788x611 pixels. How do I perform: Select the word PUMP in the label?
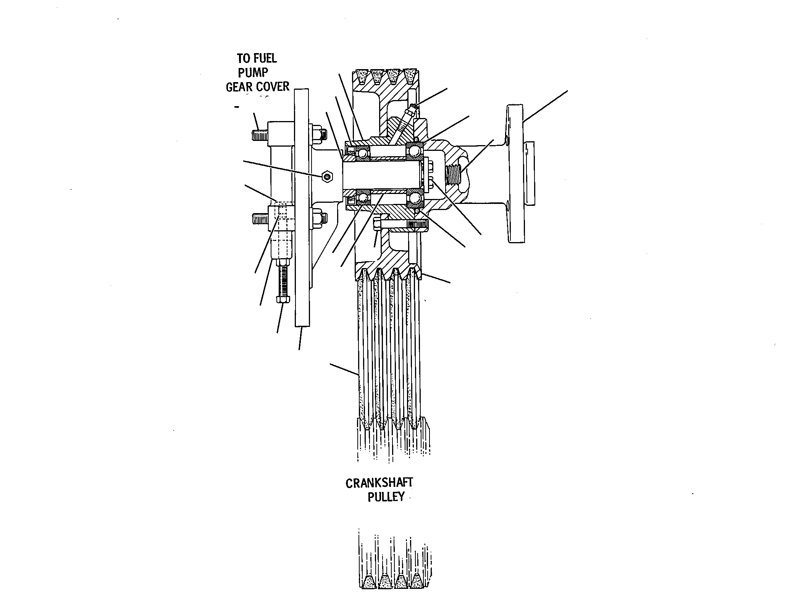coord(253,73)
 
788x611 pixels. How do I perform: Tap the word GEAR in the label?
coord(240,87)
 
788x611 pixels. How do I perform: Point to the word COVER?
coord(273,87)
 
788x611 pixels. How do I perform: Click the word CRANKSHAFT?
coord(379,483)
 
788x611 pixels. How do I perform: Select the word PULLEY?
coord(386,497)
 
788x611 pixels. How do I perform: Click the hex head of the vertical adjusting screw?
coord(282,298)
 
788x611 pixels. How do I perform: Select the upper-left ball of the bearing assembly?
coord(362,154)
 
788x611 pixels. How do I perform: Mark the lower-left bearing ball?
coord(362,198)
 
